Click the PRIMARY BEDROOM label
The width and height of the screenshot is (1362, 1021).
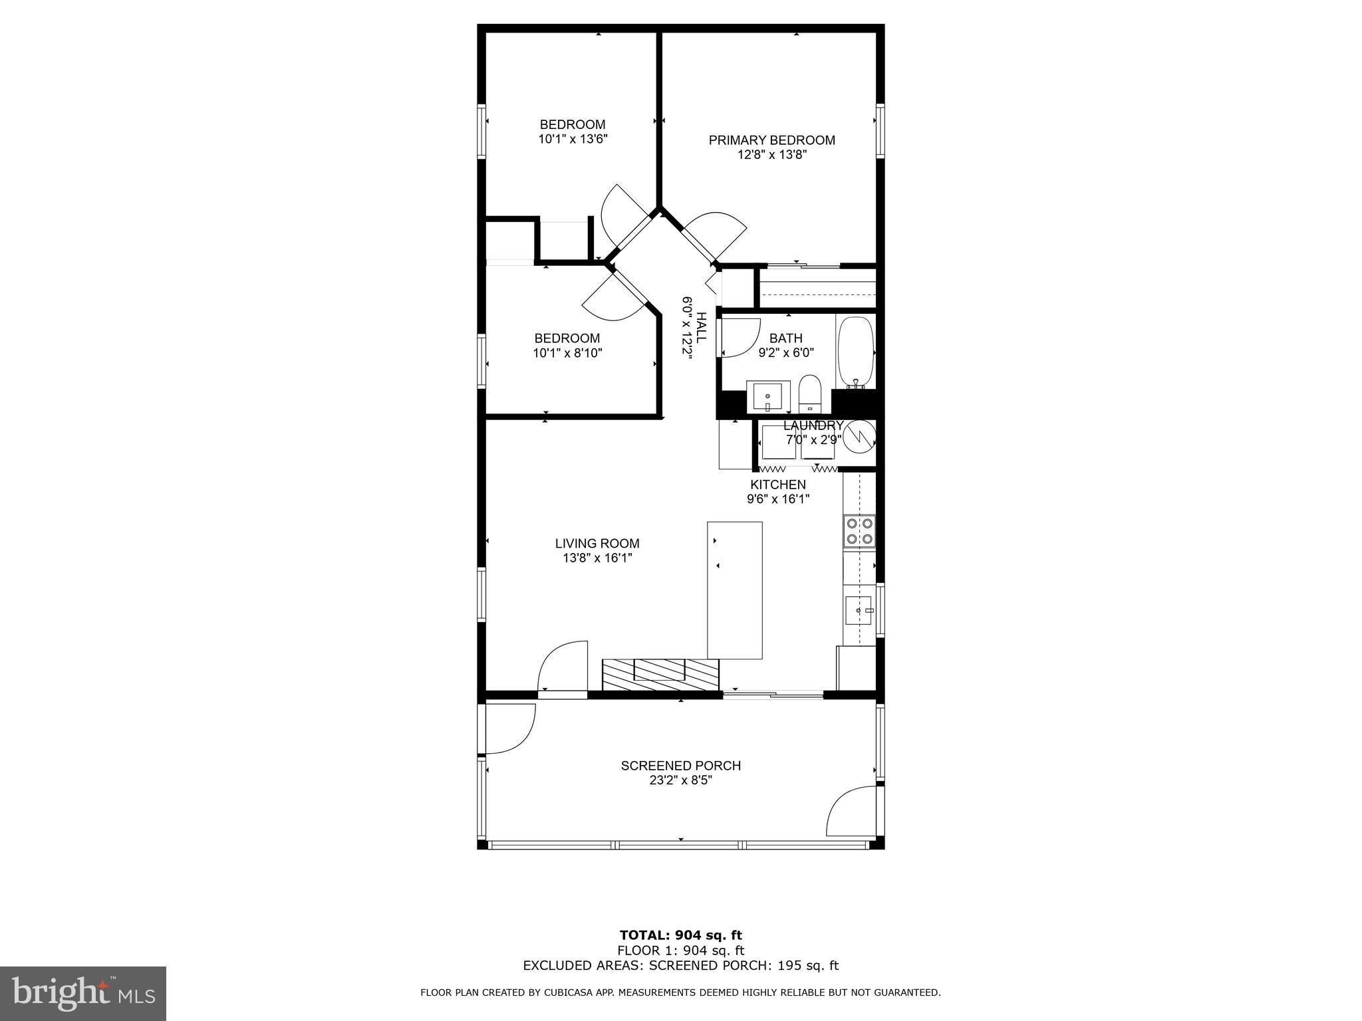point(771,140)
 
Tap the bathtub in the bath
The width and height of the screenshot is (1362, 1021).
point(855,352)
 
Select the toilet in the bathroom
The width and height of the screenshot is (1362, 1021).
point(809,394)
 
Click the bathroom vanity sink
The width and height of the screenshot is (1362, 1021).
point(767,397)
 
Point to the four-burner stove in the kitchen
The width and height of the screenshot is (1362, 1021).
point(859,531)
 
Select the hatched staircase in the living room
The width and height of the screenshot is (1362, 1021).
point(660,675)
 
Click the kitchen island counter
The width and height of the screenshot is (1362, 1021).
point(734,590)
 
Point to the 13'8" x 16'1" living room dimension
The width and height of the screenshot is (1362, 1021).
point(597,558)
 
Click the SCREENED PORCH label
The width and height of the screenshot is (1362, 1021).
point(680,766)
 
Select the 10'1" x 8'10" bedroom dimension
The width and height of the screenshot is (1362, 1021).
point(567,353)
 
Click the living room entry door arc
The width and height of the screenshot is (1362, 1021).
point(562,666)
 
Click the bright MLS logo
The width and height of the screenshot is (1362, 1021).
point(83,993)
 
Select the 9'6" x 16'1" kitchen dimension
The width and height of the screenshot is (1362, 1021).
point(777,499)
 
